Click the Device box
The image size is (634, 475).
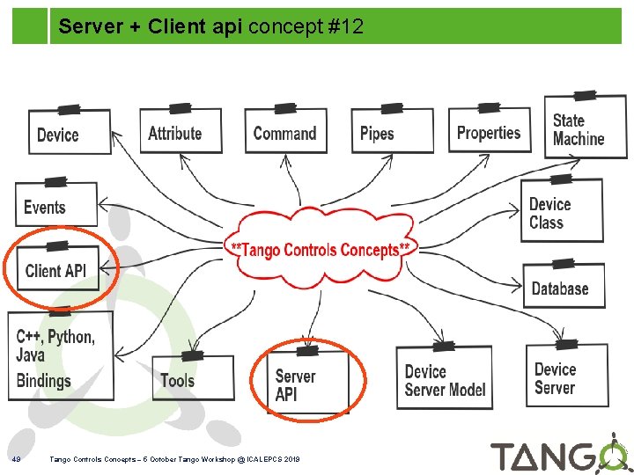[x=70, y=133]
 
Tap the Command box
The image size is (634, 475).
[x=284, y=133]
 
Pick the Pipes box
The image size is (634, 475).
[x=391, y=133]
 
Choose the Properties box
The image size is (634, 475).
[x=490, y=132]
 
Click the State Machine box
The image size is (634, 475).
[x=585, y=128]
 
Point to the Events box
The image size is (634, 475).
[x=55, y=207]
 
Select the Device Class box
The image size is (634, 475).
[x=562, y=212]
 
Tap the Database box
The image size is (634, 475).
[x=564, y=288]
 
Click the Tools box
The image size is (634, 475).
[x=192, y=379]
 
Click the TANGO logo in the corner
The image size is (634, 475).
[x=558, y=456]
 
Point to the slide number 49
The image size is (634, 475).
[x=16, y=459]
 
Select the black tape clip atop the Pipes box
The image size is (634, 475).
[x=392, y=106]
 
